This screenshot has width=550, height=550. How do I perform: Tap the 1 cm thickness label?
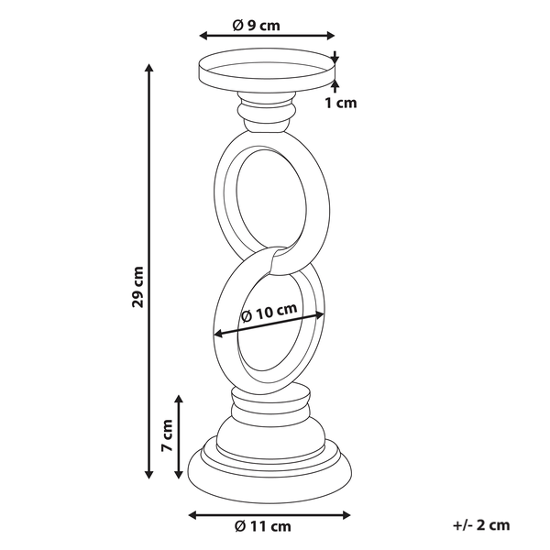pyautogui.click(x=341, y=103)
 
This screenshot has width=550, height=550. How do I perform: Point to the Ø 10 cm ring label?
pyautogui.click(x=269, y=313)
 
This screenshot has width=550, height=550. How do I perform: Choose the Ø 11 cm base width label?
pyautogui.click(x=263, y=525)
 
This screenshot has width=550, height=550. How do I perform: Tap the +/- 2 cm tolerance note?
pyautogui.click(x=480, y=525)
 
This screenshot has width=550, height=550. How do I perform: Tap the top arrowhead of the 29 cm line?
pyautogui.click(x=149, y=67)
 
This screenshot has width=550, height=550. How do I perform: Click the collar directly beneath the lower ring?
pyautogui.click(x=269, y=400)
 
